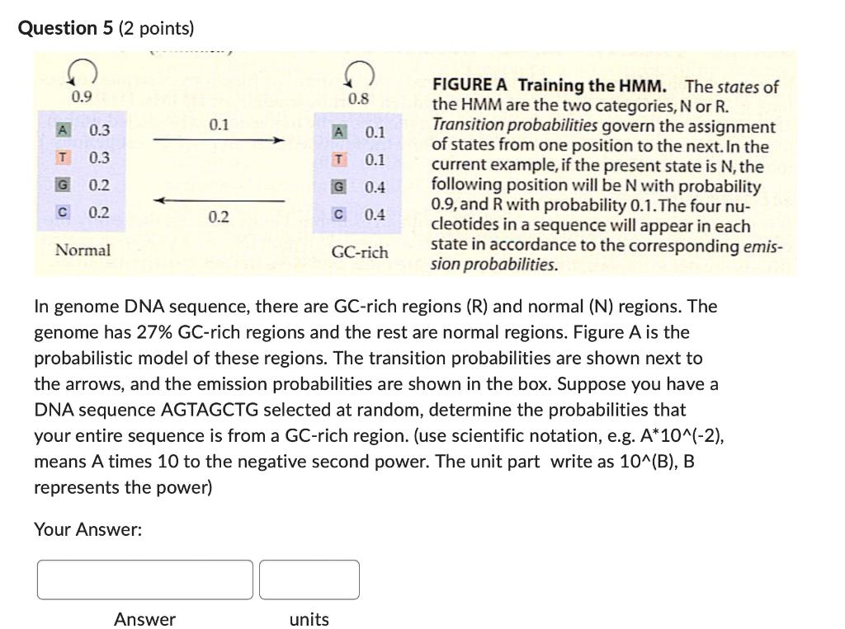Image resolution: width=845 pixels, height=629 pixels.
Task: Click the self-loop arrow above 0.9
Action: [x=87, y=75]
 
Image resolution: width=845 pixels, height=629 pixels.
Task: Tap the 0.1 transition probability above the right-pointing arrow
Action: [x=218, y=125]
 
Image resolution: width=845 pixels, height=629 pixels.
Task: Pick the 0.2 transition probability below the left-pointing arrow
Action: [x=218, y=217]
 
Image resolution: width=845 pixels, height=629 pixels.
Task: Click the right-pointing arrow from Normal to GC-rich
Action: [x=219, y=141]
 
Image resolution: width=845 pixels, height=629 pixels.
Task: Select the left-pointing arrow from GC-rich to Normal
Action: [x=219, y=200]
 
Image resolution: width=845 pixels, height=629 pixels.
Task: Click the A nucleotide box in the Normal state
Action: [x=62, y=130]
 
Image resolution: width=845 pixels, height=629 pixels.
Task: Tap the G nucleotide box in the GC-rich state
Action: [x=338, y=187]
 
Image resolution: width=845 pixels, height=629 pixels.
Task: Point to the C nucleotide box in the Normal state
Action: [x=62, y=212]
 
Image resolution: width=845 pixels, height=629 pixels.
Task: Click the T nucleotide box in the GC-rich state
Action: [x=338, y=160]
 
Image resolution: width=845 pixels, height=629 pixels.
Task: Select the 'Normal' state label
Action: [x=82, y=250]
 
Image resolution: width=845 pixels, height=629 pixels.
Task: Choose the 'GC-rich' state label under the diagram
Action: [x=360, y=252]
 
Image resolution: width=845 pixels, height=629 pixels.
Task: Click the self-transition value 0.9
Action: [x=81, y=97]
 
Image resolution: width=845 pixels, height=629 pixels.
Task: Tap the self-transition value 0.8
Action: [x=358, y=100]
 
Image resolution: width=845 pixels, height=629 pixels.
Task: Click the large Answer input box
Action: [x=145, y=580]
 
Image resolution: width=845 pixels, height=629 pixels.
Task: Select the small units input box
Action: [x=309, y=580]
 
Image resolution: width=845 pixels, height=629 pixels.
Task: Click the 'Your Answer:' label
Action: [x=87, y=529]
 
